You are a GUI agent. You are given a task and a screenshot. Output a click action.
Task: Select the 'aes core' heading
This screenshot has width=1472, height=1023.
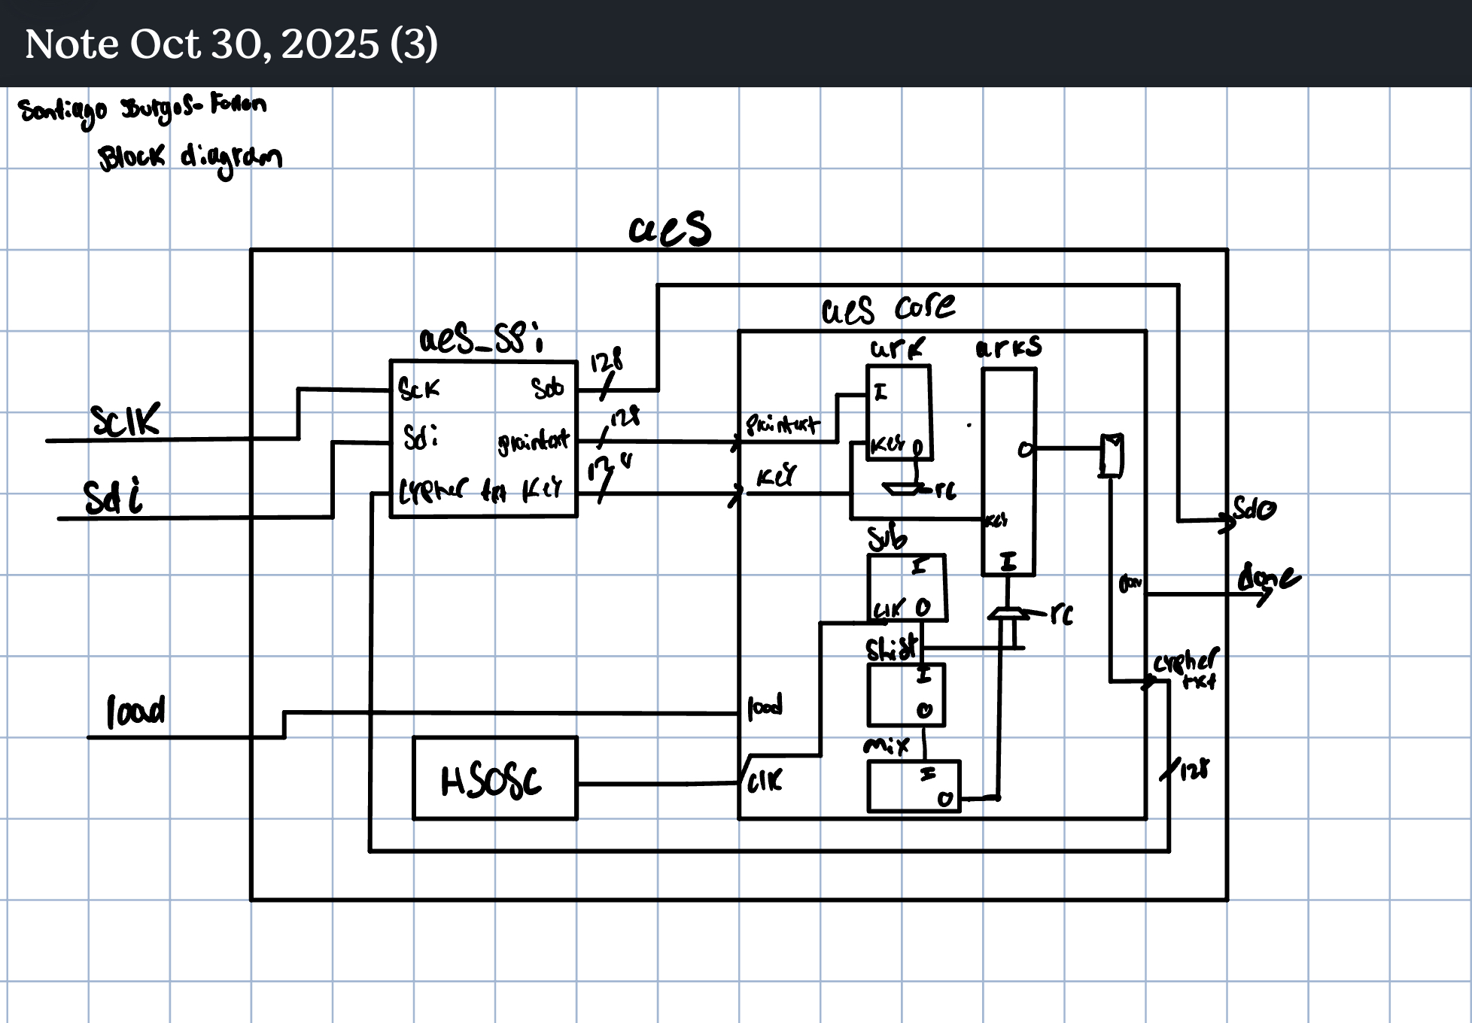coord(888,308)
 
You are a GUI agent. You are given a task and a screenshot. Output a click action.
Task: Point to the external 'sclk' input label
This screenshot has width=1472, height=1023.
coord(125,420)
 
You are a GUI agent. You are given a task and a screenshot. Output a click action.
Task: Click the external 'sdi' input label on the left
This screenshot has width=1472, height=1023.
coord(113,497)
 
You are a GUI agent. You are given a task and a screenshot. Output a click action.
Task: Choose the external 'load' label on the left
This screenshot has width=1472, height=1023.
coord(135,712)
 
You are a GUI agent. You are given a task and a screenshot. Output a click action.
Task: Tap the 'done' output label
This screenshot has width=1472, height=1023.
coord(1268,578)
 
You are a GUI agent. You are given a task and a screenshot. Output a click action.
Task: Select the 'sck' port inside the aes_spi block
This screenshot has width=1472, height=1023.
coord(418,390)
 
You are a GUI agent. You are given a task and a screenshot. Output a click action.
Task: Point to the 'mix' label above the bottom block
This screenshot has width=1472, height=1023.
coord(886,745)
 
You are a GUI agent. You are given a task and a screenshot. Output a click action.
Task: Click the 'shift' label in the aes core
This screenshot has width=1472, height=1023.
coord(892,648)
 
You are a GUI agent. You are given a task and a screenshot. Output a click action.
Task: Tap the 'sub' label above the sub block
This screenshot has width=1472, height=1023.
coord(887,538)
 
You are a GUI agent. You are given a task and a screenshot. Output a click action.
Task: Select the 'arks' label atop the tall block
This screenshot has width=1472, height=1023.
coord(1008,347)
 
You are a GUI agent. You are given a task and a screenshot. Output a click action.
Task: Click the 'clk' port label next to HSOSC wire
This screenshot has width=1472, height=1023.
coord(765,782)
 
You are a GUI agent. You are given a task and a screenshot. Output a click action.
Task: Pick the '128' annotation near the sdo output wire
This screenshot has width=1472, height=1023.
coord(606,362)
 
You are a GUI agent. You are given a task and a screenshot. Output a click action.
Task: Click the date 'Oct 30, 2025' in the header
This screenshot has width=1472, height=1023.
coord(254,44)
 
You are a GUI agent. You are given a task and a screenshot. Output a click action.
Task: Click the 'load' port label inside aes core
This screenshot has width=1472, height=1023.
coord(765,706)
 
